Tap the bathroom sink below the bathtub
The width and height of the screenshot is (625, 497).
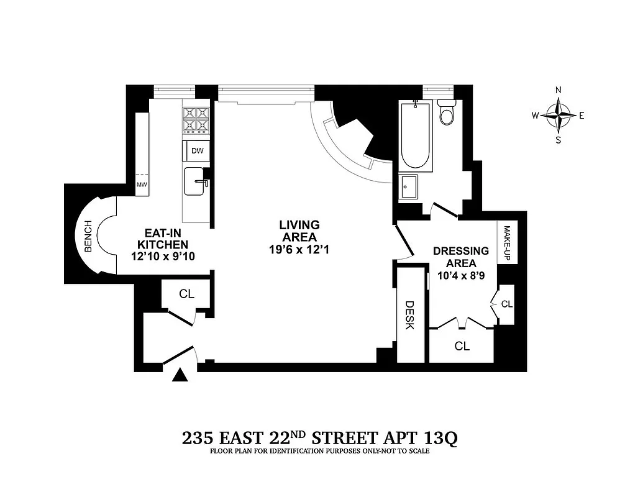coord(409,186)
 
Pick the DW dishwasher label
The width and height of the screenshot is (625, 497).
coord(197,151)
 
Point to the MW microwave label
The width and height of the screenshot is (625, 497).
coord(142,185)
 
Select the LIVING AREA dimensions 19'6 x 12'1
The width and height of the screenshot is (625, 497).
coord(299,249)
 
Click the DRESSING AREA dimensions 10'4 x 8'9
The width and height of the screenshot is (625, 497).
coord(460,274)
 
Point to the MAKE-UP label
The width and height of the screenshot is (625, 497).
coord(506,243)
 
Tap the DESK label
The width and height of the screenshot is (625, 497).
coord(409,315)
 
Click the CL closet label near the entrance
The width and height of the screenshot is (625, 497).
coord(186,294)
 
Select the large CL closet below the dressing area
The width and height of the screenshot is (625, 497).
coord(461,346)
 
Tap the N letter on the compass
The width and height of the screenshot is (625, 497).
coord(558,90)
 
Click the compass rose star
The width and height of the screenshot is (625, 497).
coord(558,115)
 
